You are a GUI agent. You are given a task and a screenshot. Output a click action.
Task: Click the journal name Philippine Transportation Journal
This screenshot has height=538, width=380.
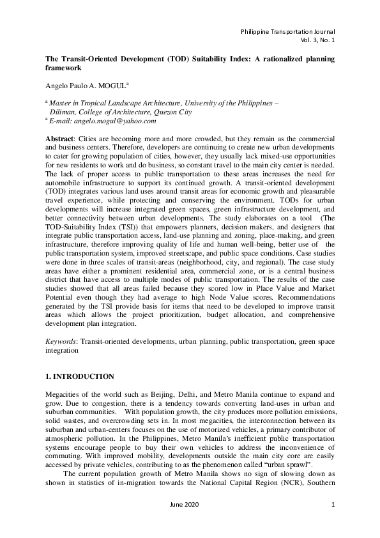pyautogui.click(x=287, y=31)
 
